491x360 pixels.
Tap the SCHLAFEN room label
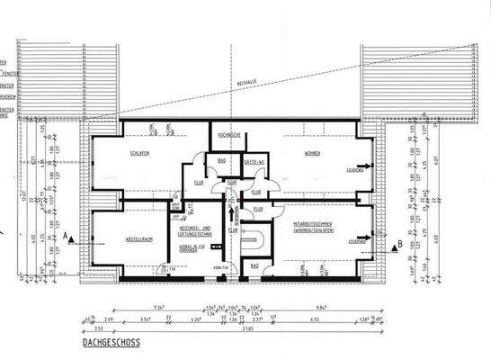pos(139,153)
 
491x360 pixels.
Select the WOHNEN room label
pos(311,153)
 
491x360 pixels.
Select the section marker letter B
pos(398,242)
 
